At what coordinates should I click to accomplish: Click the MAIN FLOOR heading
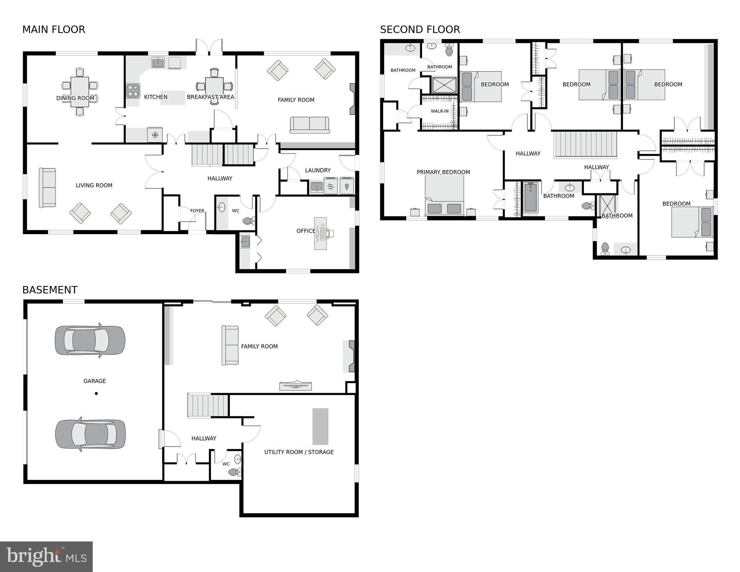point(54,29)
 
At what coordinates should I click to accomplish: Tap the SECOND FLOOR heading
point(420,29)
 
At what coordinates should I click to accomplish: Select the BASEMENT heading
point(50,290)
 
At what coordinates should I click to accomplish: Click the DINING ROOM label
point(75,98)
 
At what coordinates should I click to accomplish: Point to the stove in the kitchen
point(133,91)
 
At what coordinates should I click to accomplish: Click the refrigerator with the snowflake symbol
point(155,135)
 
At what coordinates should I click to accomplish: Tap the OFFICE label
point(306,231)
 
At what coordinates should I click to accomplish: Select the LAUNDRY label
point(318,170)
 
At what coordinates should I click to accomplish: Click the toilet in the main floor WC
point(248,221)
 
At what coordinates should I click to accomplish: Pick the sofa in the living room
point(47,187)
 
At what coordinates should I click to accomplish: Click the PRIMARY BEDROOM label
point(443,172)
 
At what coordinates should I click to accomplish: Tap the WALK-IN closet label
point(439,111)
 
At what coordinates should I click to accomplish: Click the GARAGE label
point(95,381)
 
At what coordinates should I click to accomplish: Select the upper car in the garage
point(90,340)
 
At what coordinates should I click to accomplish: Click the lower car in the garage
point(90,434)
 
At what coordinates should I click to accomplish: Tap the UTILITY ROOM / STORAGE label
point(299,452)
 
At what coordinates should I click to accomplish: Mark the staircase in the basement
point(207,405)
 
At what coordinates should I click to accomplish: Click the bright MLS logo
point(46,557)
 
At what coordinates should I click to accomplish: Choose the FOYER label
point(197,211)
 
